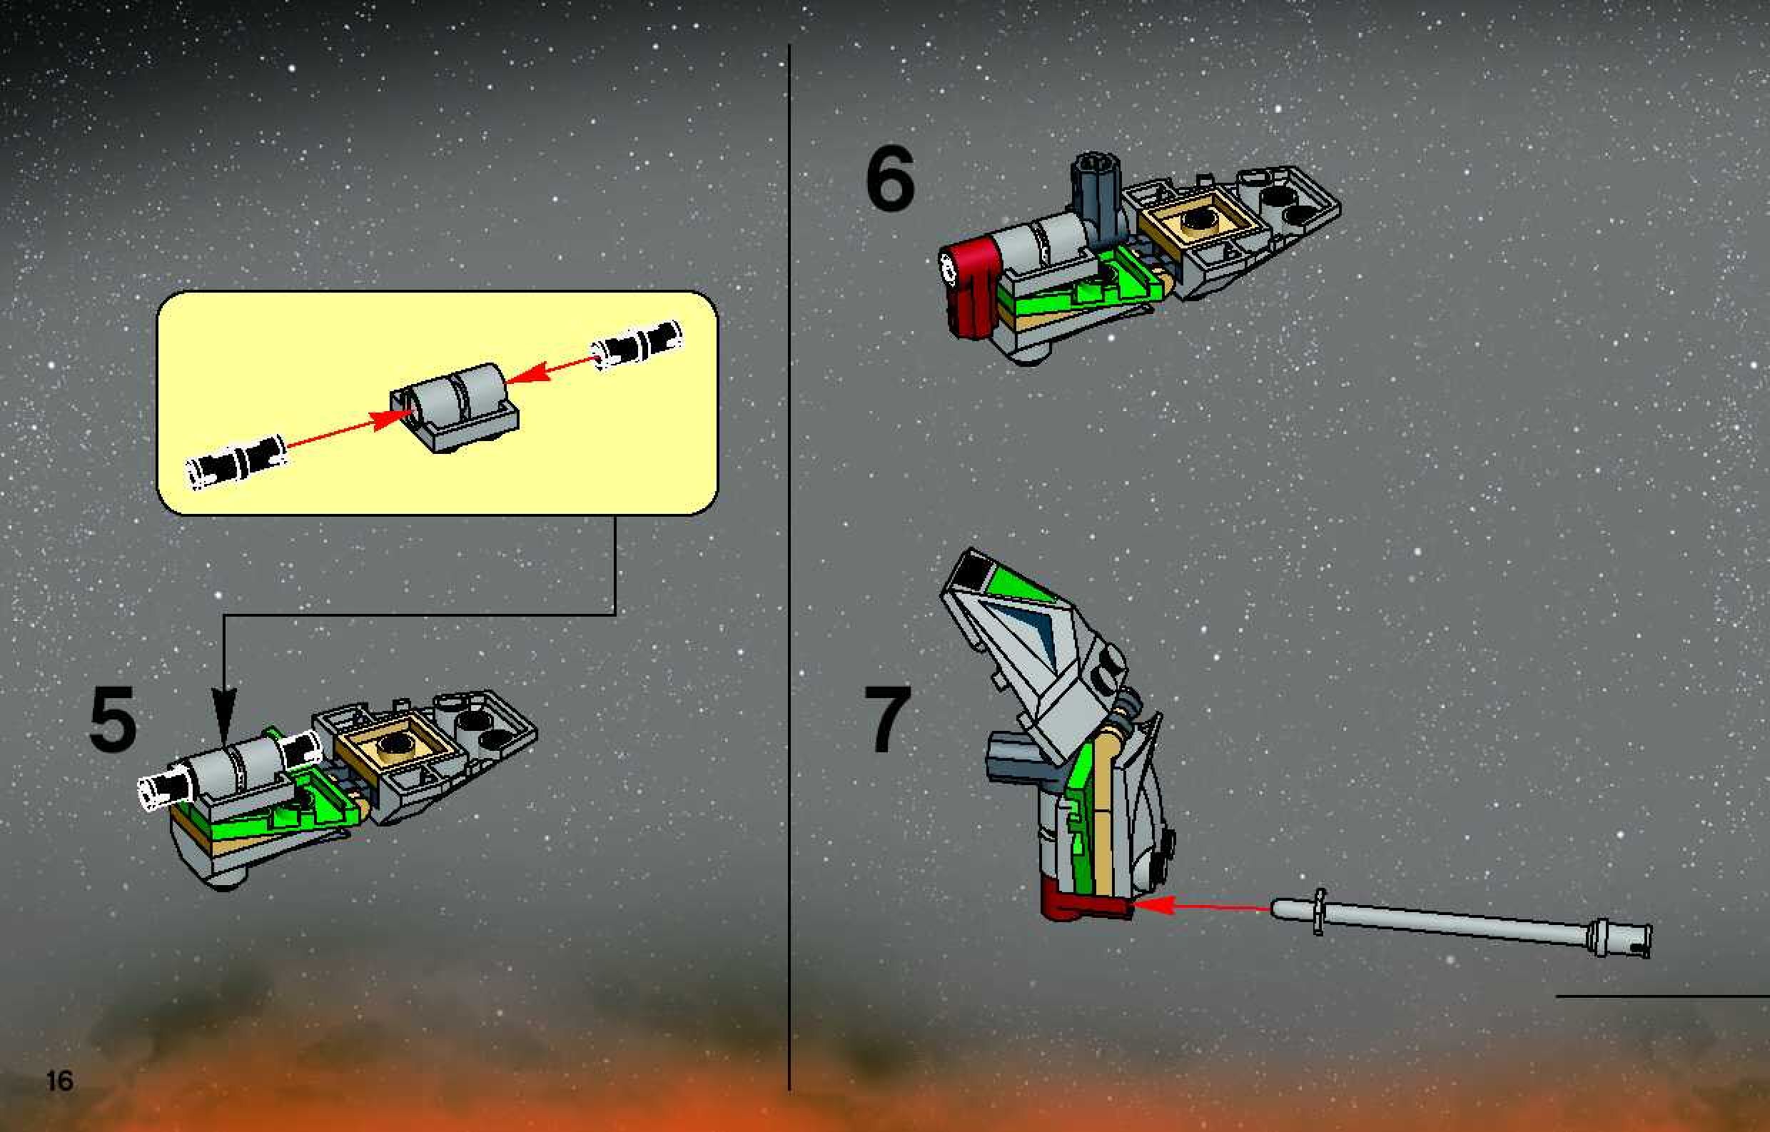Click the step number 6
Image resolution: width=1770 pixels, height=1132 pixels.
(x=890, y=178)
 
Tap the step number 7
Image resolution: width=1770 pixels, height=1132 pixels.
(x=887, y=719)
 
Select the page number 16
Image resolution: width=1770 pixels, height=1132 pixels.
(x=59, y=1081)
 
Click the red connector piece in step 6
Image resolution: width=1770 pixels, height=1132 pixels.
(x=967, y=289)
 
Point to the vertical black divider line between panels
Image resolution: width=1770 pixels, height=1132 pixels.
(x=789, y=566)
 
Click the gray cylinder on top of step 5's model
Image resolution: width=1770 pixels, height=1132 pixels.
(x=236, y=768)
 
